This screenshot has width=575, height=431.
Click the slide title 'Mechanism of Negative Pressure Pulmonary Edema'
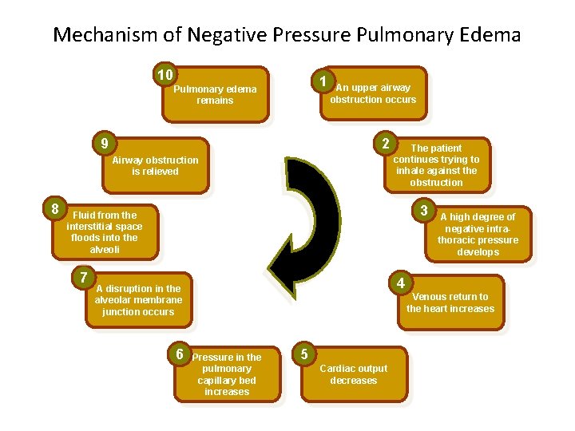point(287,35)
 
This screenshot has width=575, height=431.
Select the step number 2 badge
point(386,144)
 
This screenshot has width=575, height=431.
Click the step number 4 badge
point(401,283)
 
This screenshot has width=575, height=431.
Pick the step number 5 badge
point(303,352)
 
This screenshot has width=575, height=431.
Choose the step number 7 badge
point(83,278)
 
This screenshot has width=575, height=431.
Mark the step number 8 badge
point(54,209)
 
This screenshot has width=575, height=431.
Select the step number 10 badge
point(165,75)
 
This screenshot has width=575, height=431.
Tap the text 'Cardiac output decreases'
point(353,374)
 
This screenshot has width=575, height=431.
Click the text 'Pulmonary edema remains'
point(215,95)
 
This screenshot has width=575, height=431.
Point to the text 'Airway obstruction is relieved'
point(155,165)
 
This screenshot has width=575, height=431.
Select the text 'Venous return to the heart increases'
point(450,302)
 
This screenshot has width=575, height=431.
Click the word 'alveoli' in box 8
point(104,249)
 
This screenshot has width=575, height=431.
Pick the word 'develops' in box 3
point(478,252)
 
